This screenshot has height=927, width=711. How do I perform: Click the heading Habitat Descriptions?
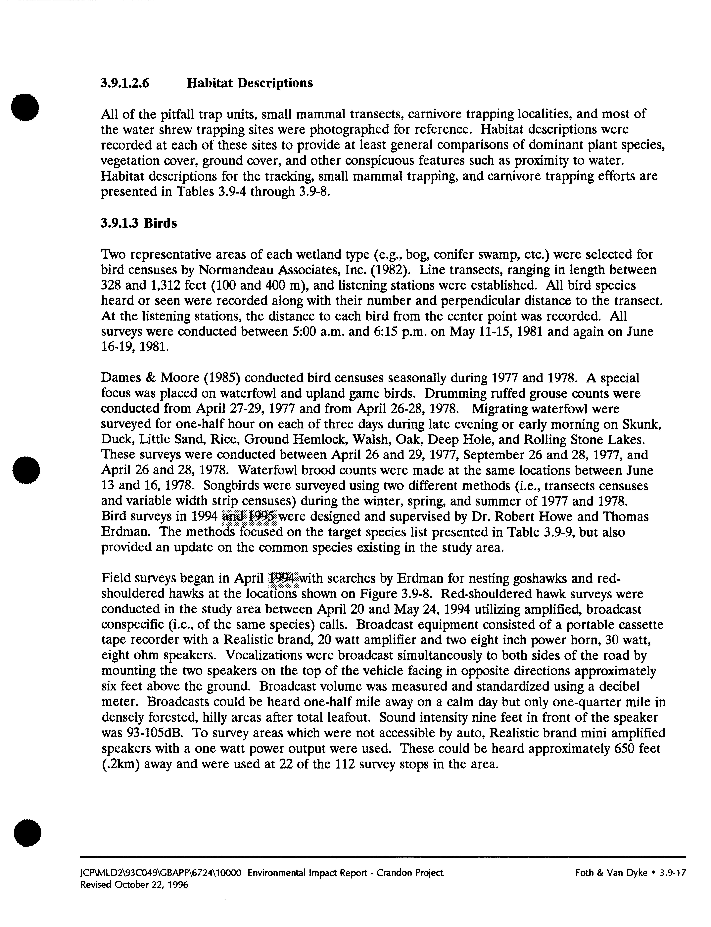click(250, 83)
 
